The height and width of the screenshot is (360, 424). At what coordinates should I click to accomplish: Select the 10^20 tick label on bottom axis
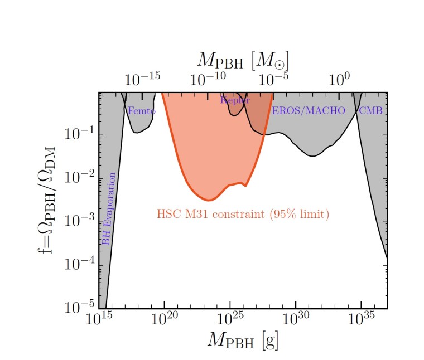pyautogui.click(x=165, y=319)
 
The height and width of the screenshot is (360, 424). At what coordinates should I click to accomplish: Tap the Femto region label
pyautogui.click(x=142, y=111)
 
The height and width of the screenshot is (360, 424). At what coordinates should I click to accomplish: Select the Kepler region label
pyautogui.click(x=235, y=100)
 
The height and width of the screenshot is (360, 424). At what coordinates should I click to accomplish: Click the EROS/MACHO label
pyautogui.click(x=309, y=111)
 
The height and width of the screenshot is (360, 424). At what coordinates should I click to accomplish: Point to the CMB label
pyautogui.click(x=370, y=111)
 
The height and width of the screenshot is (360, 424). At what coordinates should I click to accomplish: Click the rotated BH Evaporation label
pyautogui.click(x=109, y=209)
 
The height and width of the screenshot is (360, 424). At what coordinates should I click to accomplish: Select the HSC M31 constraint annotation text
pyautogui.click(x=243, y=214)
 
